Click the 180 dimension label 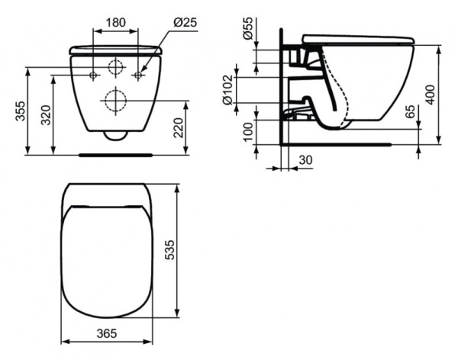pyautogui.click(x=115, y=23)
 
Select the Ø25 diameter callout pyautogui.click(x=185, y=23)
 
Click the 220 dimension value pyautogui.click(x=179, y=127)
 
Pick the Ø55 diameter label pyautogui.click(x=249, y=31)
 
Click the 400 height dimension pyautogui.click(x=444, y=94)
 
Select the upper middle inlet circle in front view pyautogui.click(x=116, y=66)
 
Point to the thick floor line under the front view pyautogui.click(x=116, y=154)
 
